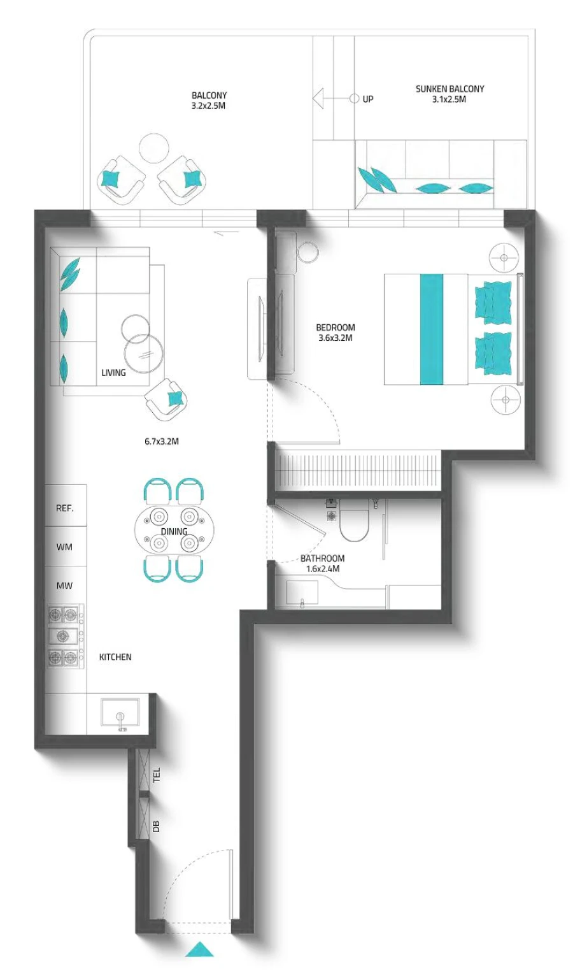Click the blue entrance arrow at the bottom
pos(199,949)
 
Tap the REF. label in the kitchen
pos(64,508)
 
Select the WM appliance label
pos(64,547)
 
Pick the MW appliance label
pos(64,586)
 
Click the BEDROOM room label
pos(336,327)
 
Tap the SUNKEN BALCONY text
pos(449,89)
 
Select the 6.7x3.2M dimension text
pos(161,441)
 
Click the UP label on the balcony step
pos(368,99)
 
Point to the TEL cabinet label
pos(157,775)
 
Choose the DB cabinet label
pos(157,826)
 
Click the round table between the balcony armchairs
pos(153,148)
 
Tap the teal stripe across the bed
pos(432,329)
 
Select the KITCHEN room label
pos(115,657)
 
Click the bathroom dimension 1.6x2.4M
pos(323,569)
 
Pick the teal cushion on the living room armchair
pos(174,399)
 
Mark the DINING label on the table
pos(174,531)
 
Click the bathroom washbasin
pos(302,593)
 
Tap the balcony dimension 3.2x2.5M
pos(209,106)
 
